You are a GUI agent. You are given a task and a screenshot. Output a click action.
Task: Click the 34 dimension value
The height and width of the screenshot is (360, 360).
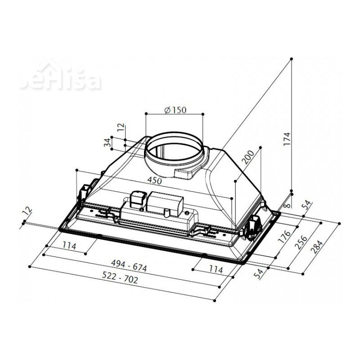pos(107,143)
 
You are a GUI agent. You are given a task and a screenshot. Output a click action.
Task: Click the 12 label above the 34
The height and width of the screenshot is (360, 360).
pos(120,128)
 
